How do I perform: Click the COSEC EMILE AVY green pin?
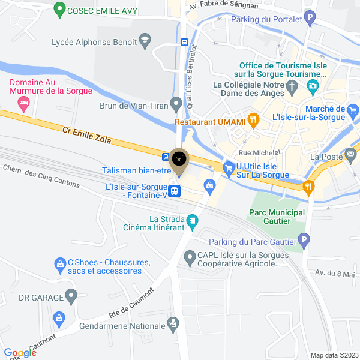coord(59,10)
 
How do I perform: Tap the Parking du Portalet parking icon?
coord(310,19)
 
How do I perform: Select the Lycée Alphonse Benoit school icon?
coord(144,41)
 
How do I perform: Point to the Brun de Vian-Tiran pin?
coord(176,104)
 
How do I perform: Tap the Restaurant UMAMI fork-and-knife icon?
coord(254,121)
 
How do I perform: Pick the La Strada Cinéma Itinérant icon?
coord(192,222)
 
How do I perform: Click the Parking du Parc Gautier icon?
coord(304,242)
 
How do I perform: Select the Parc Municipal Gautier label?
coord(277,217)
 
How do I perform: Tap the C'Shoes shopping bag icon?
coord(59,263)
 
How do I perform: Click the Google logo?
coord(20,353)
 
